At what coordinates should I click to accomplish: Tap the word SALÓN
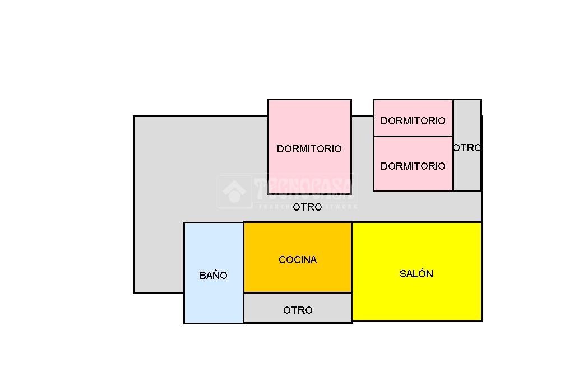pyautogui.click(x=416, y=274)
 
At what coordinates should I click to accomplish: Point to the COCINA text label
pyautogui.click(x=298, y=260)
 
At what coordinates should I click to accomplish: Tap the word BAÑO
pyautogui.click(x=214, y=276)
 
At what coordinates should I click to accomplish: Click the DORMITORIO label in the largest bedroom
pyautogui.click(x=309, y=149)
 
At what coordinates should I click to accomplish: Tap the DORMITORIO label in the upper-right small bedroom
pyautogui.click(x=413, y=121)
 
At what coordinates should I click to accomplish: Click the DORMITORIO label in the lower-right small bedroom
pyautogui.click(x=413, y=166)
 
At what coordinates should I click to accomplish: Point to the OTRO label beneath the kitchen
pyautogui.click(x=298, y=310)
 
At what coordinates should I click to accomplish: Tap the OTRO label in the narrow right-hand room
pyautogui.click(x=467, y=148)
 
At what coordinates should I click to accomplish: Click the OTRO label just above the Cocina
pyautogui.click(x=308, y=207)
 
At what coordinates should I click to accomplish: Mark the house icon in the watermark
pyautogui.click(x=234, y=192)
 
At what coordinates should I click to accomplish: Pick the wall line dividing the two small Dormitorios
pyautogui.click(x=413, y=136)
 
